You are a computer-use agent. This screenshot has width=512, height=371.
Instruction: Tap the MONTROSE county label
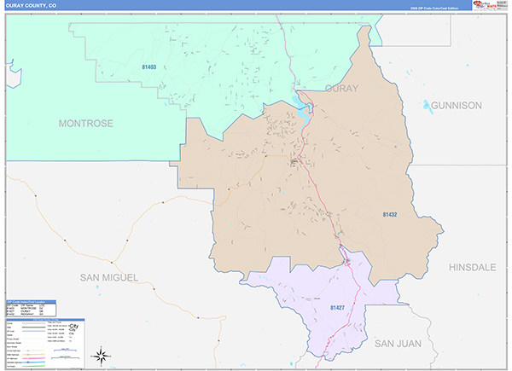(x=85, y=124)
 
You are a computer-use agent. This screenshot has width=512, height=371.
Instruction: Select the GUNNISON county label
(x=457, y=106)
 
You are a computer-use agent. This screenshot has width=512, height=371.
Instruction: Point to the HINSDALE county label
(x=472, y=267)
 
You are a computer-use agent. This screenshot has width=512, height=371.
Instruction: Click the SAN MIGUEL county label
(x=108, y=277)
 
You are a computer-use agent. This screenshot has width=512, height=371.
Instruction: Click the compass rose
(x=101, y=354)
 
